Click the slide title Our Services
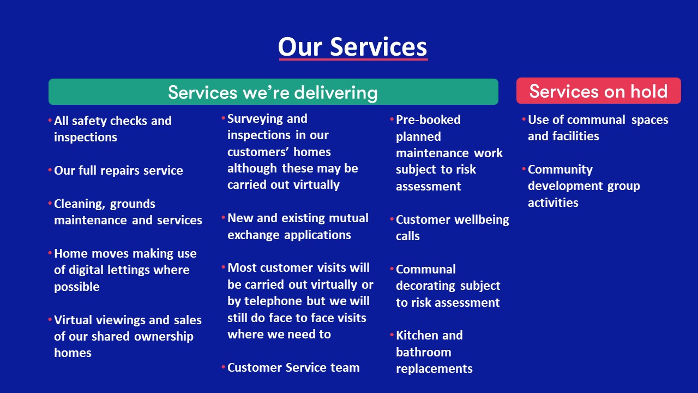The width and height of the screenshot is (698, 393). point(352,46)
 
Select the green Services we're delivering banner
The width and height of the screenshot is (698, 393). point(273,92)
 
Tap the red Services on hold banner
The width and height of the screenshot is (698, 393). point(598,91)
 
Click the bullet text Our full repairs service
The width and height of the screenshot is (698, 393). point(118,170)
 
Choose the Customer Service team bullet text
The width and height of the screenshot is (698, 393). point(293,368)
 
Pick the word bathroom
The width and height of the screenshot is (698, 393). point(423,353)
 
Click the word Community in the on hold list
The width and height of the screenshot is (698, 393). point(560,170)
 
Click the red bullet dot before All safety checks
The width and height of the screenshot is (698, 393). point(50,120)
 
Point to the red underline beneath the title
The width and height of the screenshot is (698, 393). point(352,59)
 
